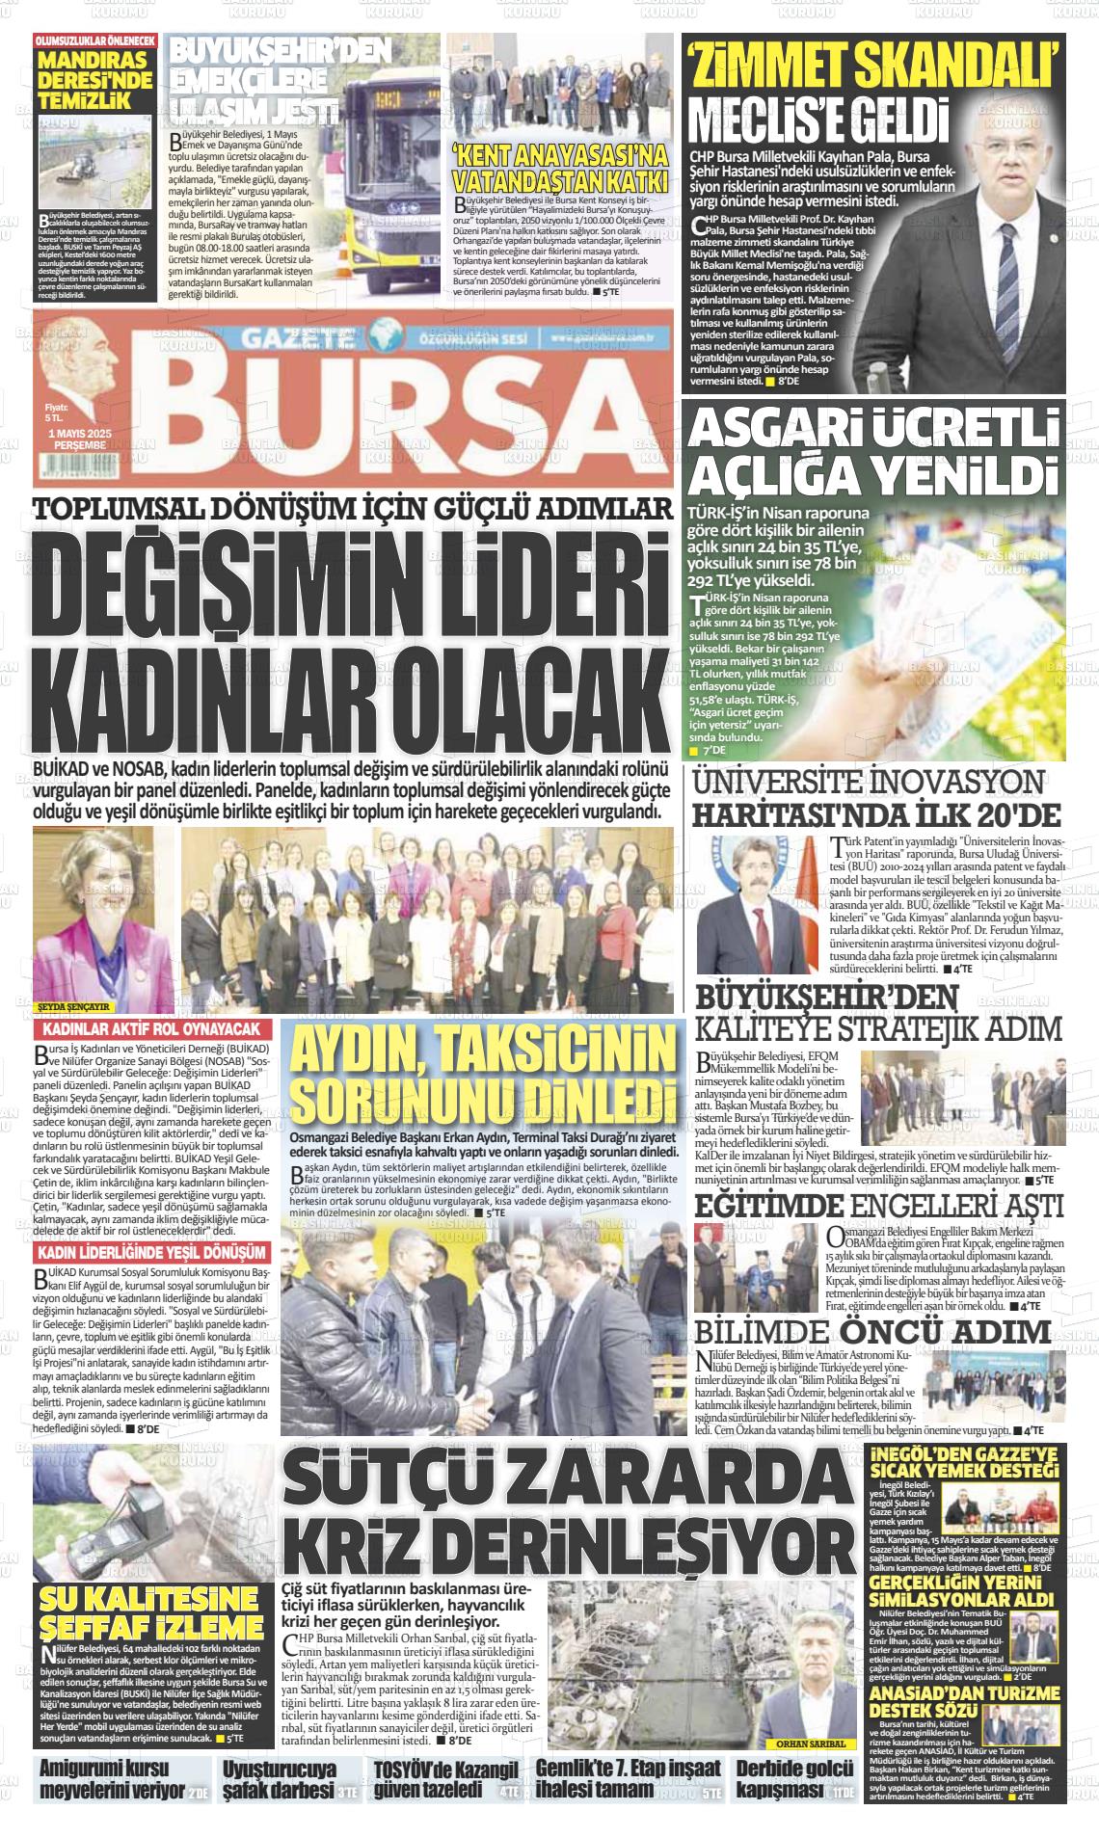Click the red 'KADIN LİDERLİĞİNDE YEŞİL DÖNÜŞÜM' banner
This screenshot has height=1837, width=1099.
[151, 1252]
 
